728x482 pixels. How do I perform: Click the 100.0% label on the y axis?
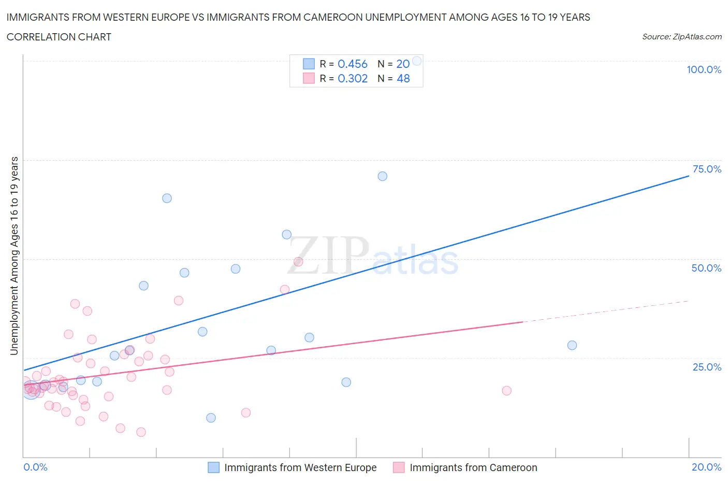[x=704, y=70]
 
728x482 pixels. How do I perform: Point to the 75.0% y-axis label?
[x=707, y=169]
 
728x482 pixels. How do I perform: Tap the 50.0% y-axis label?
[x=706, y=268]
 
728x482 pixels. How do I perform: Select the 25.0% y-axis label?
[x=707, y=367]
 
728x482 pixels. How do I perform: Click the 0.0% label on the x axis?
[x=35, y=467]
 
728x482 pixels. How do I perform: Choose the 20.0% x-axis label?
[x=706, y=467]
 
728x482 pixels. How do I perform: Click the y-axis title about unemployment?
[x=14, y=256]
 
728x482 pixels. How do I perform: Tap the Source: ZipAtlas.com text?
[x=681, y=37]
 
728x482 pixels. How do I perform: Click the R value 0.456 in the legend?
[x=352, y=64]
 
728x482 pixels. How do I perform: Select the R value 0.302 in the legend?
[x=352, y=78]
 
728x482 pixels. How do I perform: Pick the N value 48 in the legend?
[x=403, y=78]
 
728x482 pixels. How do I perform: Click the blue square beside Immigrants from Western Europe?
[x=213, y=467]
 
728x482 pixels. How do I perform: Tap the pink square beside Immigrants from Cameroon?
[x=398, y=467]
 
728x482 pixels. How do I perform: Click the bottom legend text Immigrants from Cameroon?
[x=473, y=467]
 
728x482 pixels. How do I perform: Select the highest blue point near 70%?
[x=382, y=176]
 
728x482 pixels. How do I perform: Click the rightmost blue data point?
[x=572, y=345]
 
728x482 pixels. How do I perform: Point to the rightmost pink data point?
[x=506, y=391]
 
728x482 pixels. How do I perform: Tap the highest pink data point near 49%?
[x=298, y=262]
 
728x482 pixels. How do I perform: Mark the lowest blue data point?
[x=211, y=418]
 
